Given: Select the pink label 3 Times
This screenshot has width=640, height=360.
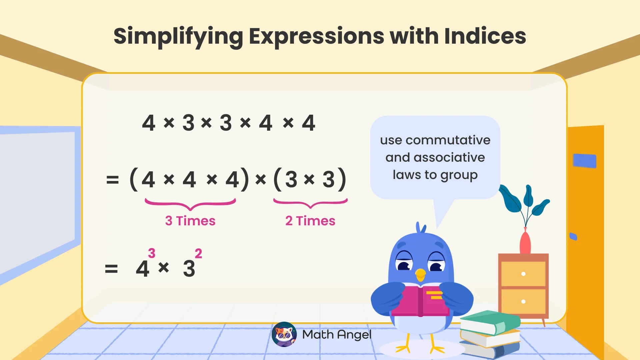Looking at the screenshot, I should [190, 221].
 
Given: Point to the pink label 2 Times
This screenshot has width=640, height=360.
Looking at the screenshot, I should [310, 221].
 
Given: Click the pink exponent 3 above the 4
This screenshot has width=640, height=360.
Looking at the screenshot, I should [152, 253].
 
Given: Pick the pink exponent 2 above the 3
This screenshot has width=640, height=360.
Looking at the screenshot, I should [198, 254].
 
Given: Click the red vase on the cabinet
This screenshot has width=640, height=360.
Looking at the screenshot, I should [525, 243].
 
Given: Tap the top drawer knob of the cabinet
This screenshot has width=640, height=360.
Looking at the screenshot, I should [523, 274].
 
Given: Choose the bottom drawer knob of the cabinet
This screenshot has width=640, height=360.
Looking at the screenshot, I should [523, 302].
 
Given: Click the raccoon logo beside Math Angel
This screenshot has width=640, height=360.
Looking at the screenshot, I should [284, 334].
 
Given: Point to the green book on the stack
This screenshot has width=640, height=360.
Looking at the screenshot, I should [490, 322].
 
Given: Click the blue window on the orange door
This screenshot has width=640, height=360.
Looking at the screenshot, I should [584, 161].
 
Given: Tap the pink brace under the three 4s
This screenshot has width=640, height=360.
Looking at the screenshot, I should [190, 204].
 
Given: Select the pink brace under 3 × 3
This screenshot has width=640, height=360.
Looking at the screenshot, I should [310, 203].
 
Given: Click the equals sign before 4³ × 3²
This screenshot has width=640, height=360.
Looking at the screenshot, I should [111, 269].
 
